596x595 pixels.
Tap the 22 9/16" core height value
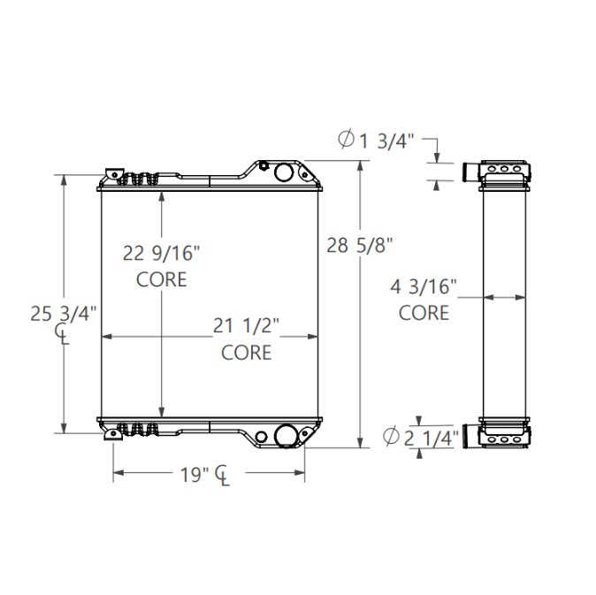coord(162,255)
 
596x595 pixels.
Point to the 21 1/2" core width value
coord(246,327)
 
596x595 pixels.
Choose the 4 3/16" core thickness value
coord(424,286)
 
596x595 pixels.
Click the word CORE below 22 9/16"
coord(162,280)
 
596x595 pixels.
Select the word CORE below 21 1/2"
coord(246,353)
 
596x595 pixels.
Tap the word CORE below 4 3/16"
coord(424,312)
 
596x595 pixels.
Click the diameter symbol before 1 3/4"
coord(347,138)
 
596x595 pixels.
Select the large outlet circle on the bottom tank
coord(286,436)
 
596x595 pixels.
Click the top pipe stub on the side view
coord(470,171)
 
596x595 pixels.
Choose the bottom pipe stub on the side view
coord(469,437)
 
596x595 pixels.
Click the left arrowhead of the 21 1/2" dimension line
coord(107,337)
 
